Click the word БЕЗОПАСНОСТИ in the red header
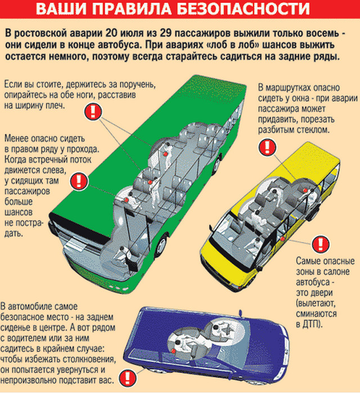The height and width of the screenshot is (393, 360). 242,9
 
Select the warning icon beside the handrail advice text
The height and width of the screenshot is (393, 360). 93,112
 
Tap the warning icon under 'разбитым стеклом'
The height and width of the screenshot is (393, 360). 267,148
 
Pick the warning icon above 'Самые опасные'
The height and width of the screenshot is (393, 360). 321,244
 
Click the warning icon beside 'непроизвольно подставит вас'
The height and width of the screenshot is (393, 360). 128,378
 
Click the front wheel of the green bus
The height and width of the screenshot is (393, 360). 160,245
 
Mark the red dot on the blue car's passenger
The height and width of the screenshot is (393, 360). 173,351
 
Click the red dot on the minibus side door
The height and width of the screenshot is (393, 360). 282,239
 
